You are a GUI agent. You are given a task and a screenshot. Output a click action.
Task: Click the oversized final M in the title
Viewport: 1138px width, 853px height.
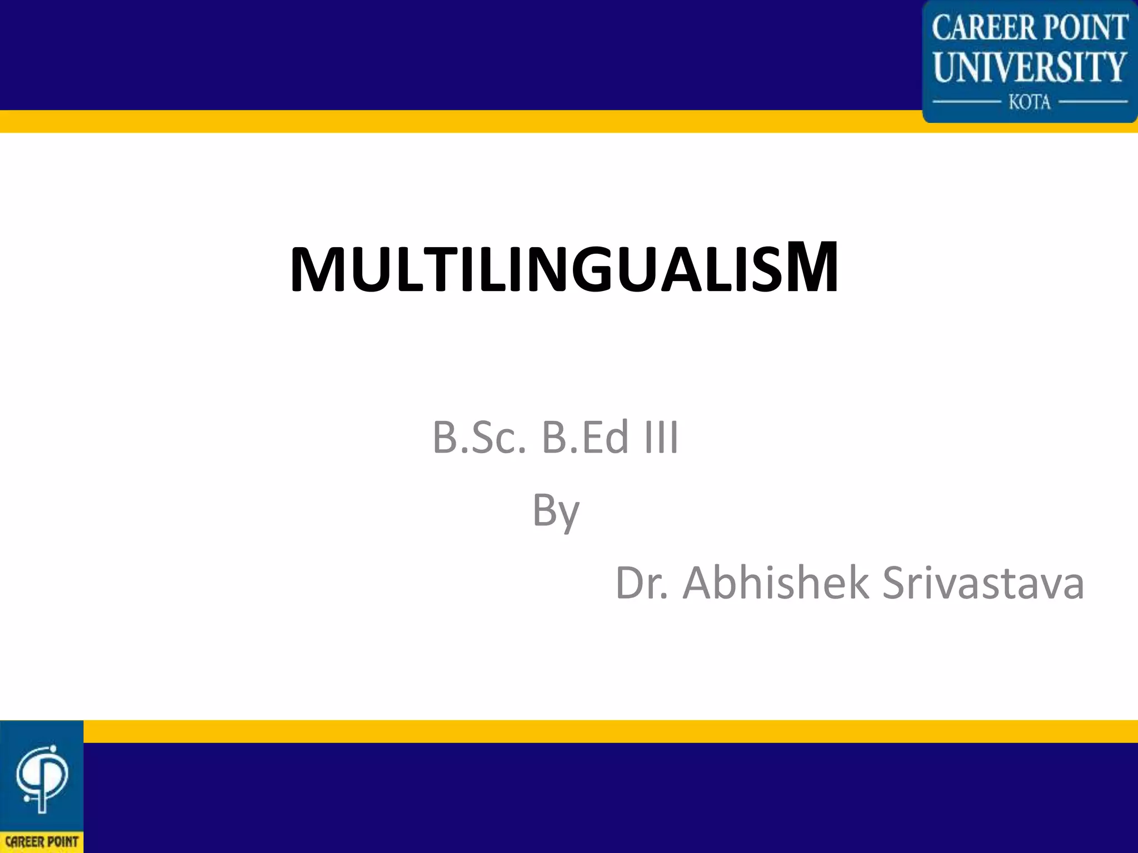811,267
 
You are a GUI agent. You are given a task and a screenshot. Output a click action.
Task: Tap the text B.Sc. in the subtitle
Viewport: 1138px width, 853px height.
478,438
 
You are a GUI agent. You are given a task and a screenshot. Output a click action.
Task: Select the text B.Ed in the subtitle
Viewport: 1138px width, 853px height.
586,438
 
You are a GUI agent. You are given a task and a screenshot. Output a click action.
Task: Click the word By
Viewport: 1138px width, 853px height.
556,511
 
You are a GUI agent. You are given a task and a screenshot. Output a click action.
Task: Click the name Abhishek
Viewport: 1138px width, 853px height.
776,583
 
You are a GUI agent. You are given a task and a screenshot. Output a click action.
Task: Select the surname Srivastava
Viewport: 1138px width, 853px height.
983,583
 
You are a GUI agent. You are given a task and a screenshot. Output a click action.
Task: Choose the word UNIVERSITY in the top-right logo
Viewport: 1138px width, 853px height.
1030,67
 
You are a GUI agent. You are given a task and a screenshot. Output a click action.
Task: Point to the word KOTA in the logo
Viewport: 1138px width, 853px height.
1030,102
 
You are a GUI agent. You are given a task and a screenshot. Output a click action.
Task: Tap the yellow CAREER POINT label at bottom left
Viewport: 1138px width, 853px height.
42,842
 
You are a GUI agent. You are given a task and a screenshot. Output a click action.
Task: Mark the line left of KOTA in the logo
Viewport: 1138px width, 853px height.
966,102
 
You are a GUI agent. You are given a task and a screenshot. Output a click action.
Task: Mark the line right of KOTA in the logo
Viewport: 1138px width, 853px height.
1094,102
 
